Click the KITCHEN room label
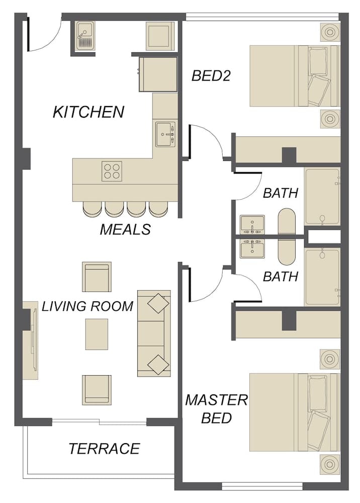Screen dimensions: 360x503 coord(88,112)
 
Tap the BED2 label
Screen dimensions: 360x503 coord(211,76)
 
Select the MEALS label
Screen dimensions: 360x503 coord(125,229)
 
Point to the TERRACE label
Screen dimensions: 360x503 coord(104,449)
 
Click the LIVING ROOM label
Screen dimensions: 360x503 coord(87,306)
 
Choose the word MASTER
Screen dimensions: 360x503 coord(216,400)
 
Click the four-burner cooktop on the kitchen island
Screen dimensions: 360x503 coord(112,171)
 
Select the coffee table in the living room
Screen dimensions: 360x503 coord(97,334)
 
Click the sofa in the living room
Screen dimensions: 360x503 coord(154,333)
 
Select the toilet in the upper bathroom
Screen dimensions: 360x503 coord(286,221)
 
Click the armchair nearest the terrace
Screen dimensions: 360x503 coord(97,390)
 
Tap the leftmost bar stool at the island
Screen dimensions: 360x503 coord(92,209)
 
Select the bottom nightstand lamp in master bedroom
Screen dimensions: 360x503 coord(329,464)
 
